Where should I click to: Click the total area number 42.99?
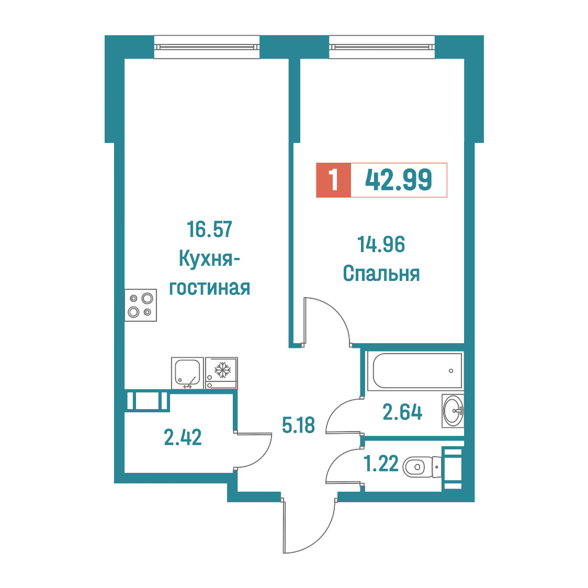point(399,180)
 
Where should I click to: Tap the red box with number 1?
point(333,180)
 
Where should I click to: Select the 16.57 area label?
point(210,229)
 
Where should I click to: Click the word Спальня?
point(381,274)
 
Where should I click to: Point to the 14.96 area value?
point(381,244)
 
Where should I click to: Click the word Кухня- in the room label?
point(209,258)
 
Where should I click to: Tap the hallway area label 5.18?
point(298,425)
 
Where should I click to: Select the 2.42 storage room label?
point(183,437)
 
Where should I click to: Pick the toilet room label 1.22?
point(381,463)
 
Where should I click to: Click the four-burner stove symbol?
point(141,306)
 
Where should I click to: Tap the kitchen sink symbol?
point(187,373)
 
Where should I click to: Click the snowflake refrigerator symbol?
point(222,373)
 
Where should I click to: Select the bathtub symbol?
point(415,370)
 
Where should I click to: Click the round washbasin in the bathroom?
point(453,411)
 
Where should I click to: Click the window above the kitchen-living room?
point(207,47)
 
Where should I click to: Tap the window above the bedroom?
point(382,47)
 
